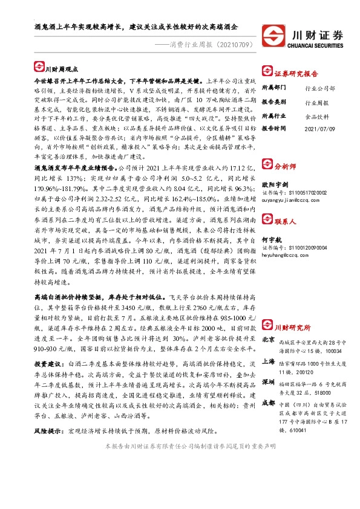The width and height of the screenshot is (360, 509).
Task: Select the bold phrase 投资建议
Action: tap(48, 365)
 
